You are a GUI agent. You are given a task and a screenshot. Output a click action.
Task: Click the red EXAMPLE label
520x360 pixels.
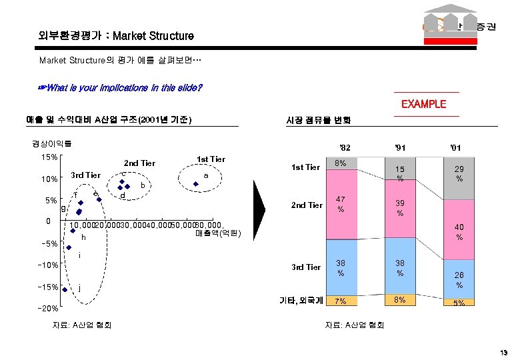tap(423, 104)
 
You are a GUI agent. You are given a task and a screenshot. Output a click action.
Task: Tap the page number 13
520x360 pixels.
tap(503, 352)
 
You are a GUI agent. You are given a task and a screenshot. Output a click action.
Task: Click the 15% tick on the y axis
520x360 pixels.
tap(49, 157)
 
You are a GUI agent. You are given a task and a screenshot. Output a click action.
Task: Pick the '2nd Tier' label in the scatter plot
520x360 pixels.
tap(139, 163)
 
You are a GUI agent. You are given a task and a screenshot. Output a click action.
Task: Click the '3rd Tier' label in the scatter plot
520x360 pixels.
tap(85, 175)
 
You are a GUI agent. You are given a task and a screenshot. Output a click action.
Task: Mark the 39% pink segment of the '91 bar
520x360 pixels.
tap(400, 208)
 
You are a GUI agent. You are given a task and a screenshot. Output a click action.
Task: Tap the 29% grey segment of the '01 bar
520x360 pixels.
tap(459, 175)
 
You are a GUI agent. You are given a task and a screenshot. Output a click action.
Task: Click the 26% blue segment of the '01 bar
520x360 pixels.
tap(459, 279)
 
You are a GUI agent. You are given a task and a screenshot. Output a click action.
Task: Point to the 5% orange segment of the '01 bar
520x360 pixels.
tap(459, 302)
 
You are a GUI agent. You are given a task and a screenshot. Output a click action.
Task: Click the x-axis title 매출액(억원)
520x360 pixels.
tap(217, 233)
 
